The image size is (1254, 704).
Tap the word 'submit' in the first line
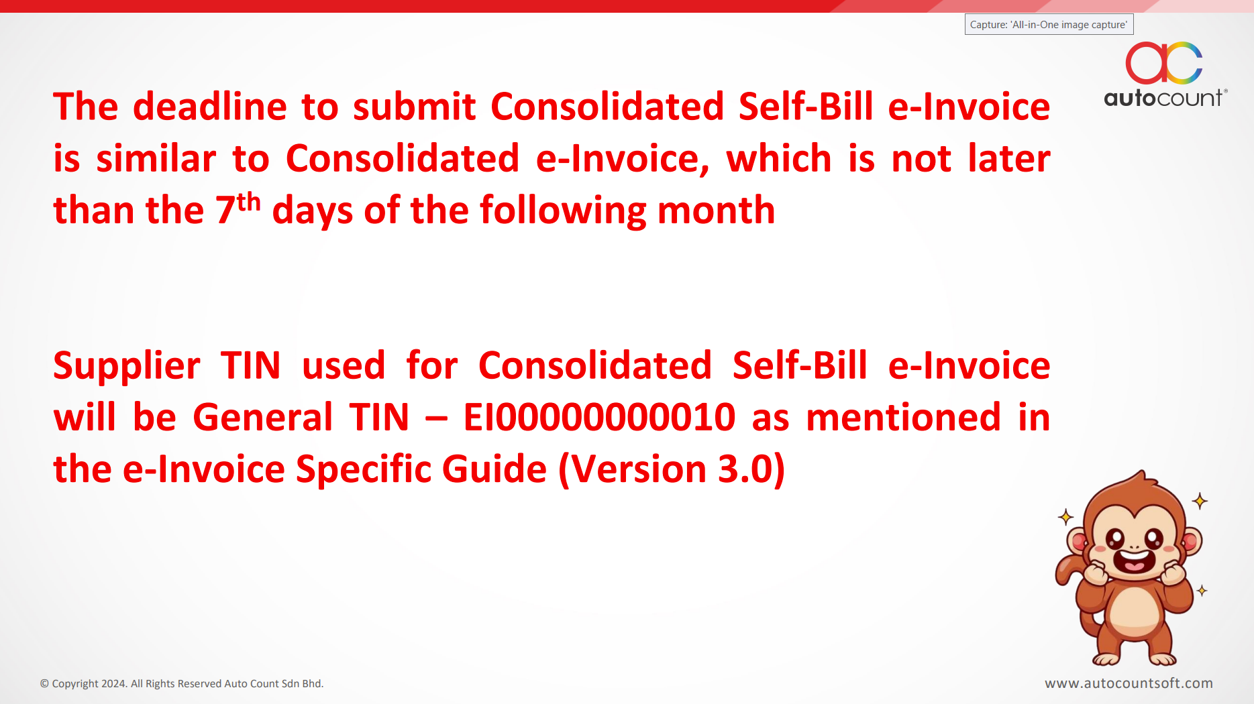(415, 106)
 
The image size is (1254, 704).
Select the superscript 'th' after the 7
(249, 201)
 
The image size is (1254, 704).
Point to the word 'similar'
(156, 158)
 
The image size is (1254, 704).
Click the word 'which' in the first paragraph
(779, 158)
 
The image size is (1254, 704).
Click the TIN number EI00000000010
(599, 417)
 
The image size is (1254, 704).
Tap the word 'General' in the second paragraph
(263, 417)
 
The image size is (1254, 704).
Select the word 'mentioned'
(904, 417)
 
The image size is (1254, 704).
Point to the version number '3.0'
(745, 469)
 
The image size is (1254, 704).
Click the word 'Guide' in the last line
(494, 469)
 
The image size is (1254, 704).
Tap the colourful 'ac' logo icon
(1164, 62)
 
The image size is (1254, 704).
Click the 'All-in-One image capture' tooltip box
(1049, 25)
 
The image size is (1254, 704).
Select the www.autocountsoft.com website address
(1129, 683)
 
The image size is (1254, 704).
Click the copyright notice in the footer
(182, 684)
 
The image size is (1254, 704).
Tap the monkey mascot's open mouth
(1134, 561)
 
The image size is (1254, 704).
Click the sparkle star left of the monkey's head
(1065, 516)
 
